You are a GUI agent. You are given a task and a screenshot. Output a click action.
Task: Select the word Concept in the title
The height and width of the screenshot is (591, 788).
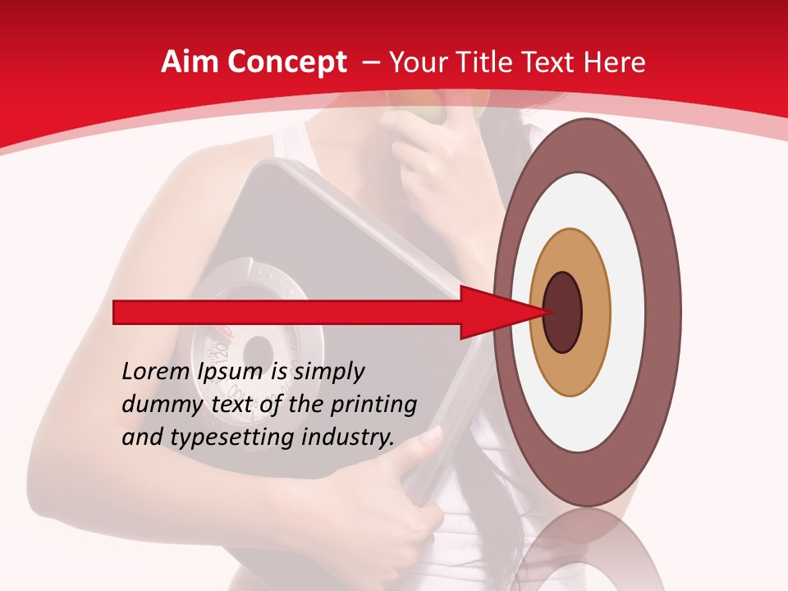click(285, 63)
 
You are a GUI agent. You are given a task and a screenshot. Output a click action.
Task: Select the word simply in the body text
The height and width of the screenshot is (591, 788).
click(328, 372)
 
